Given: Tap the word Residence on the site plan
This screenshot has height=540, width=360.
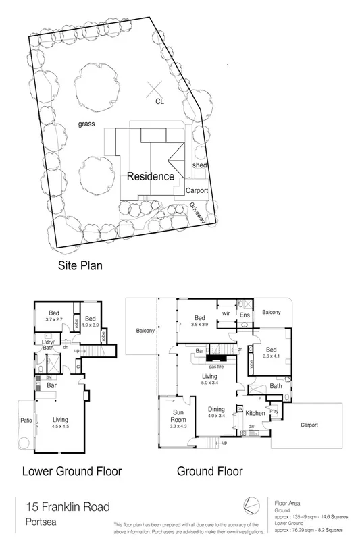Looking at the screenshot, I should point(151,176).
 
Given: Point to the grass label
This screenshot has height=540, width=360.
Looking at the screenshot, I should point(85,124).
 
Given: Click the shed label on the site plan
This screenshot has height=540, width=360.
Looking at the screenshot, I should point(199,165).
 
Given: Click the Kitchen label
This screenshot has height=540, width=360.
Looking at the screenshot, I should point(255,412).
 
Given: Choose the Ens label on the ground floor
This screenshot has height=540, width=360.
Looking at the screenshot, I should point(245,315).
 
